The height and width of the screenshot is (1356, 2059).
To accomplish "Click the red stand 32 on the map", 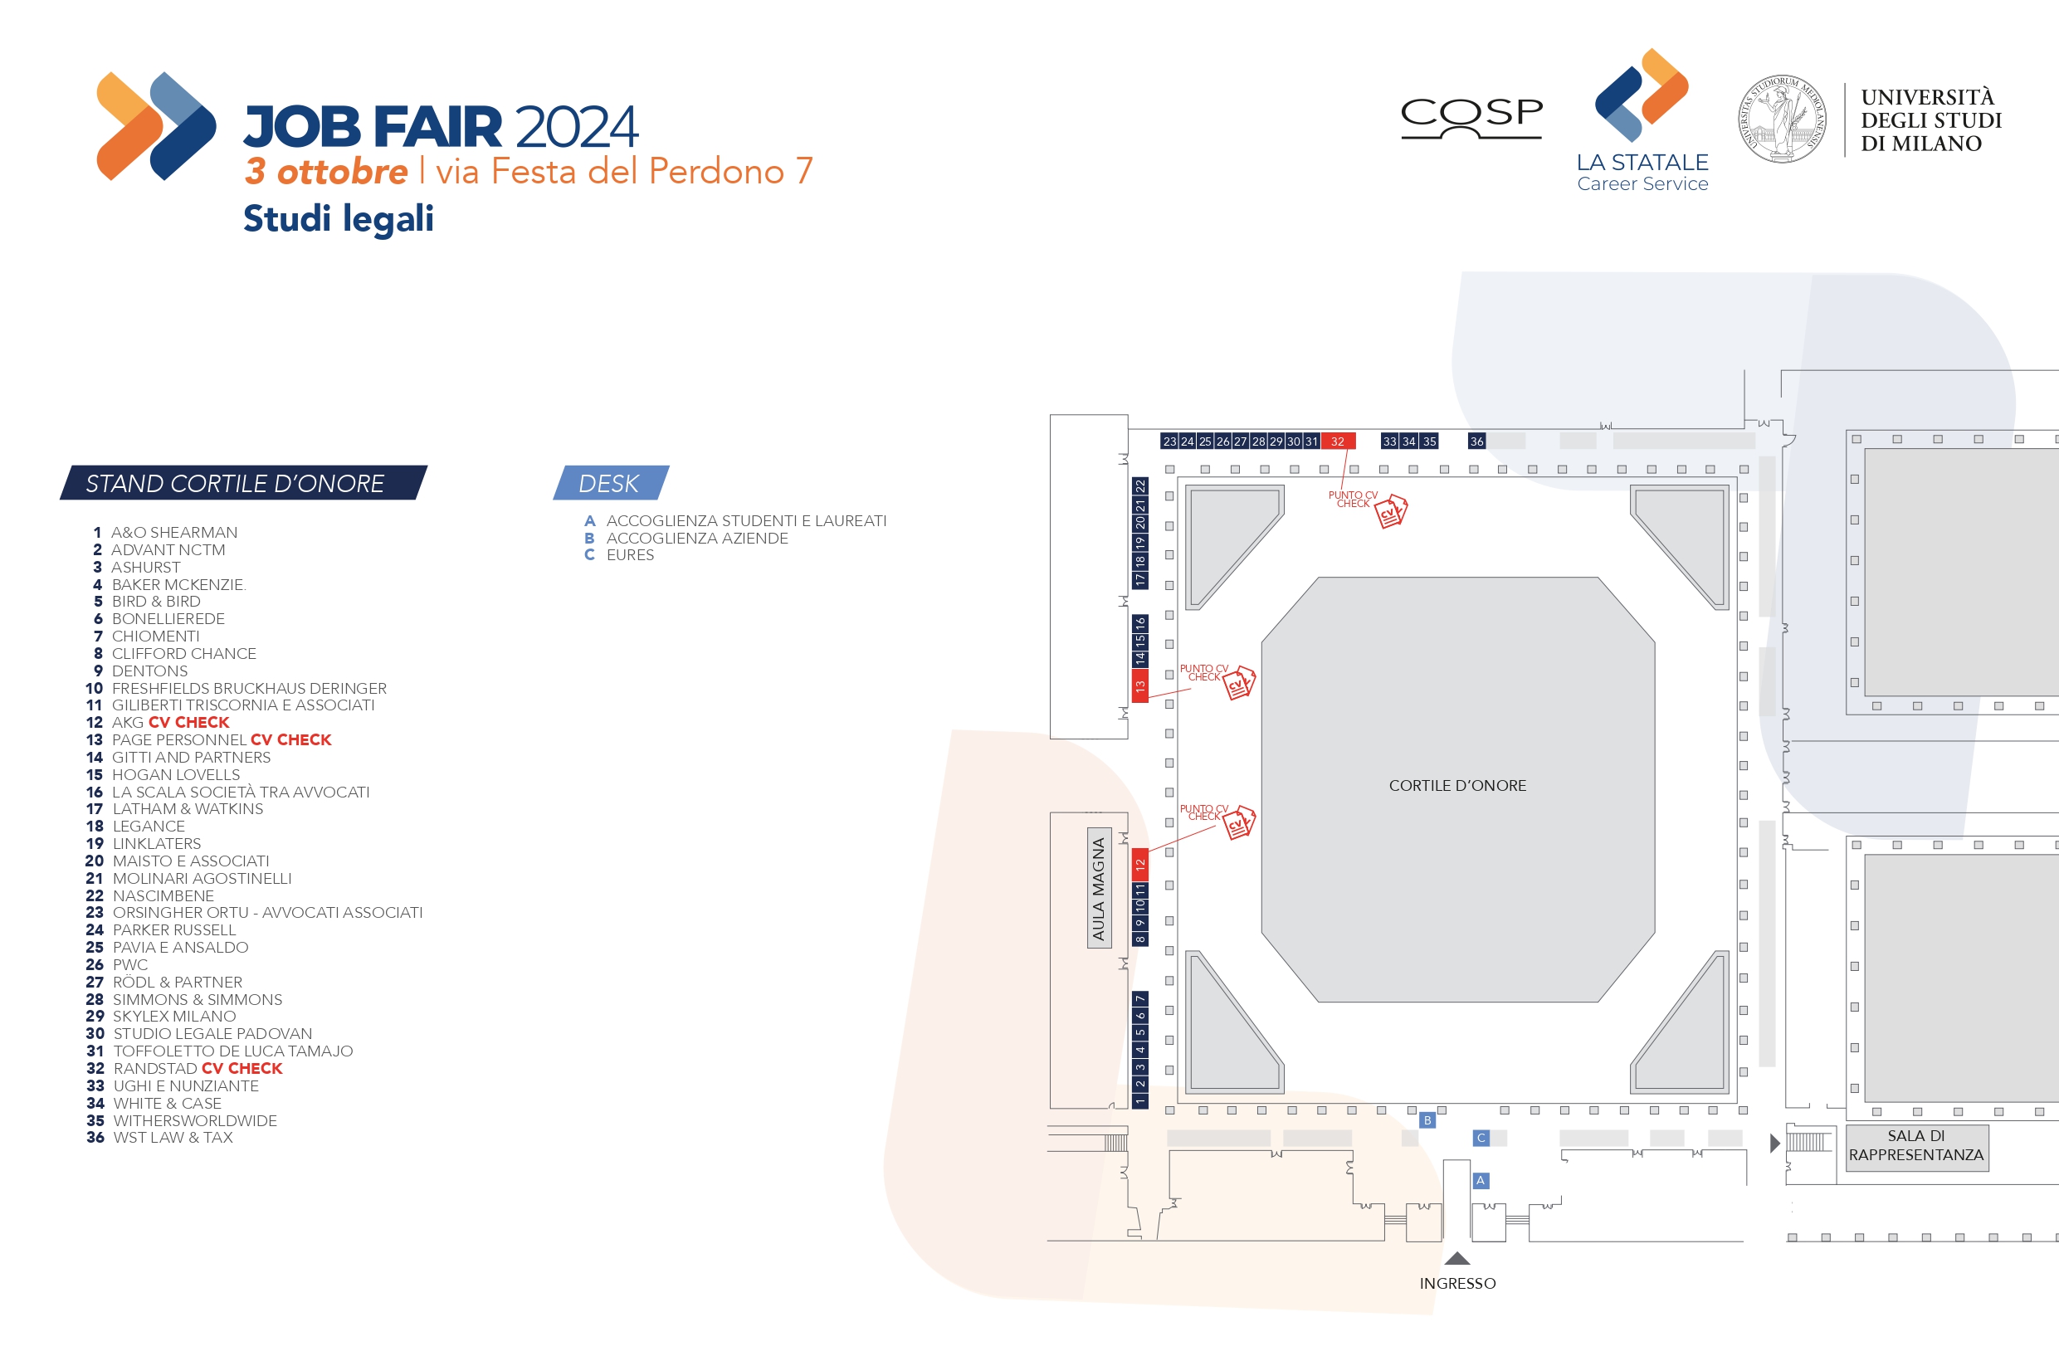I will click(1338, 441).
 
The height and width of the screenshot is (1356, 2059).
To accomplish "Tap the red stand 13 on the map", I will click(1140, 686).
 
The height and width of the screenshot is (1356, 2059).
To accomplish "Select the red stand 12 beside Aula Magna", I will click(1140, 863).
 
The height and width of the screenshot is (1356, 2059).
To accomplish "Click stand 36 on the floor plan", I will click(1476, 441).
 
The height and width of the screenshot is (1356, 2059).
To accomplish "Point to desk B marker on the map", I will click(1427, 1120).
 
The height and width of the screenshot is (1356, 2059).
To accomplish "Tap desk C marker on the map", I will click(1481, 1138).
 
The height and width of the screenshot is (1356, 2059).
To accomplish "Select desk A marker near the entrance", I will click(1481, 1180).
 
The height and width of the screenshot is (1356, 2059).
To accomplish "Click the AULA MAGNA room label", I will click(1099, 889).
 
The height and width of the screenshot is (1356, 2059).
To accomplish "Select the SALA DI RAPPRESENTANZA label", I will click(1915, 1146).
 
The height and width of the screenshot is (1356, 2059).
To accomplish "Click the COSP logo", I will click(1471, 117).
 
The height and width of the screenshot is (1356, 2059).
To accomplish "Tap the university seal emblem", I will click(1782, 119).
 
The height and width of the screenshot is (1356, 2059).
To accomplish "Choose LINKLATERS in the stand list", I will click(157, 844).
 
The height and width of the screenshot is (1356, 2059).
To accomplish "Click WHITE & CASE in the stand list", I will click(167, 1104).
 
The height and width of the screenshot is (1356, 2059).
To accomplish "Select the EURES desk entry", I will click(630, 555).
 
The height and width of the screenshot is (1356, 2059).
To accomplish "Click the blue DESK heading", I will click(610, 483).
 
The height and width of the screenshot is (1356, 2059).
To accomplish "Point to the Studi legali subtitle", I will click(339, 218).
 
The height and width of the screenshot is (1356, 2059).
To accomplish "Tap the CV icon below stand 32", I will click(1390, 511).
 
